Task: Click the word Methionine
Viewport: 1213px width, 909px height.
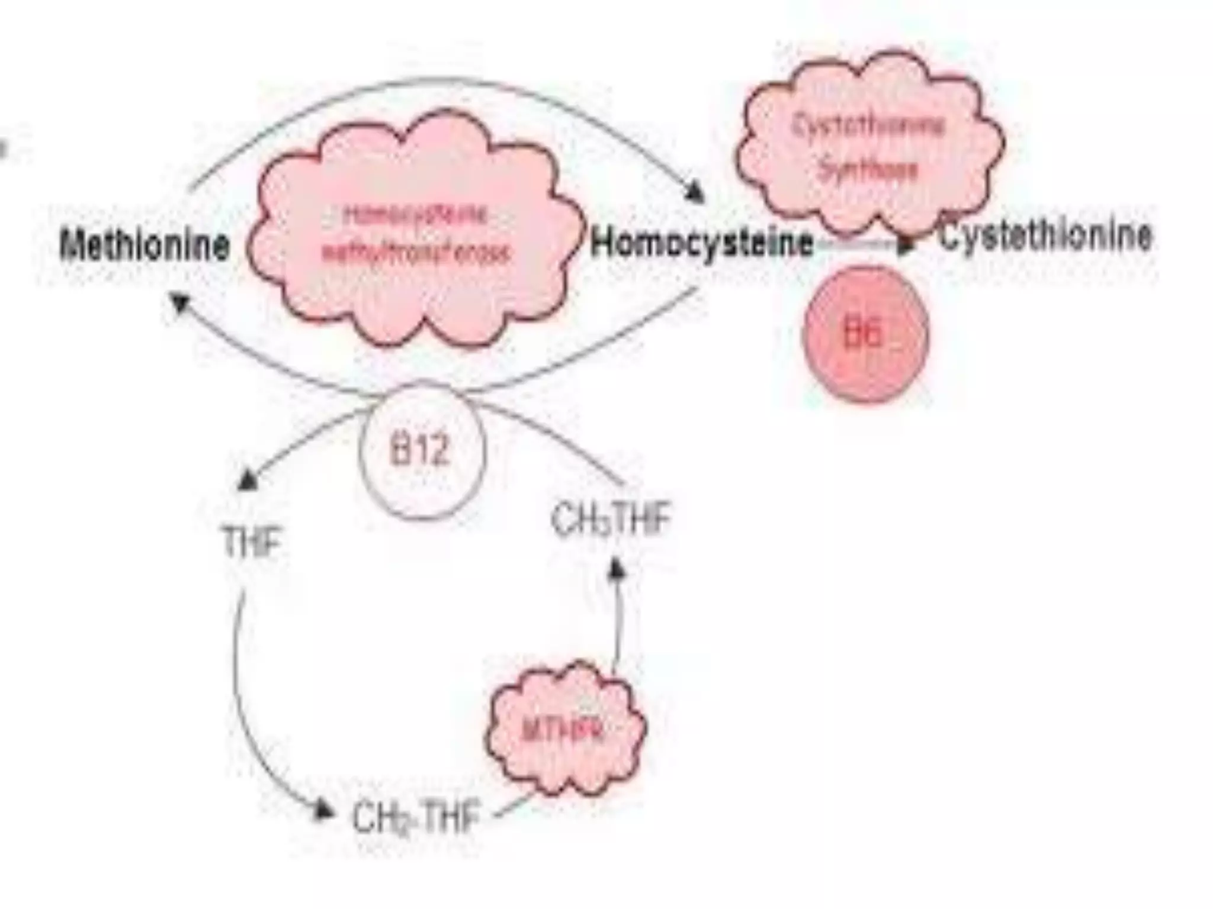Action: (x=145, y=245)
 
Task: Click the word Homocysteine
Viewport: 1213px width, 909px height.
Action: (x=701, y=243)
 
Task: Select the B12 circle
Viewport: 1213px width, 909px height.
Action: (x=421, y=451)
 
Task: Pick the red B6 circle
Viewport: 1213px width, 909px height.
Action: (x=864, y=335)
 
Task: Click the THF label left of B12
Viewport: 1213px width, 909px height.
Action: (x=251, y=542)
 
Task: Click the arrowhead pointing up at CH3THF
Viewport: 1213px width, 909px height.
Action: (x=617, y=569)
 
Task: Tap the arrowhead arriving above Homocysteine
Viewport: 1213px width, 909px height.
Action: (x=695, y=193)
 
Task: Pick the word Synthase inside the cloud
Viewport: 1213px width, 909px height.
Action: (x=868, y=170)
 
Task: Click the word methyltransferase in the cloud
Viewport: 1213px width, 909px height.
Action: (x=415, y=253)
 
